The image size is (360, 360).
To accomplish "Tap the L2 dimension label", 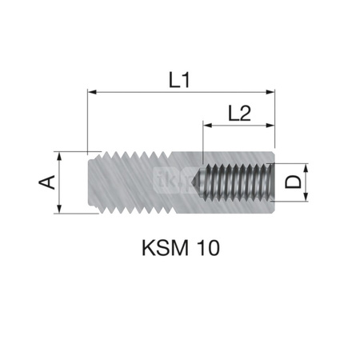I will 238,114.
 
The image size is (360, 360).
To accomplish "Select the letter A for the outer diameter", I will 47,182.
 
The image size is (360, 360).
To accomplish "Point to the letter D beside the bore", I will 294,182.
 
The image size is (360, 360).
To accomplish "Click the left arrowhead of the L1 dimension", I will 90,93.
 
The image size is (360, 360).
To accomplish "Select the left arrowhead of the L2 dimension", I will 208,126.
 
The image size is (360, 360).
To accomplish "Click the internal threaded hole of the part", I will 240,182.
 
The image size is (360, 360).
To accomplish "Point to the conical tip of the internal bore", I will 198,182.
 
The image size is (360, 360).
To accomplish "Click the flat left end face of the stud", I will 87,182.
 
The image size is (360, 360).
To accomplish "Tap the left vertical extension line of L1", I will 86,120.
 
